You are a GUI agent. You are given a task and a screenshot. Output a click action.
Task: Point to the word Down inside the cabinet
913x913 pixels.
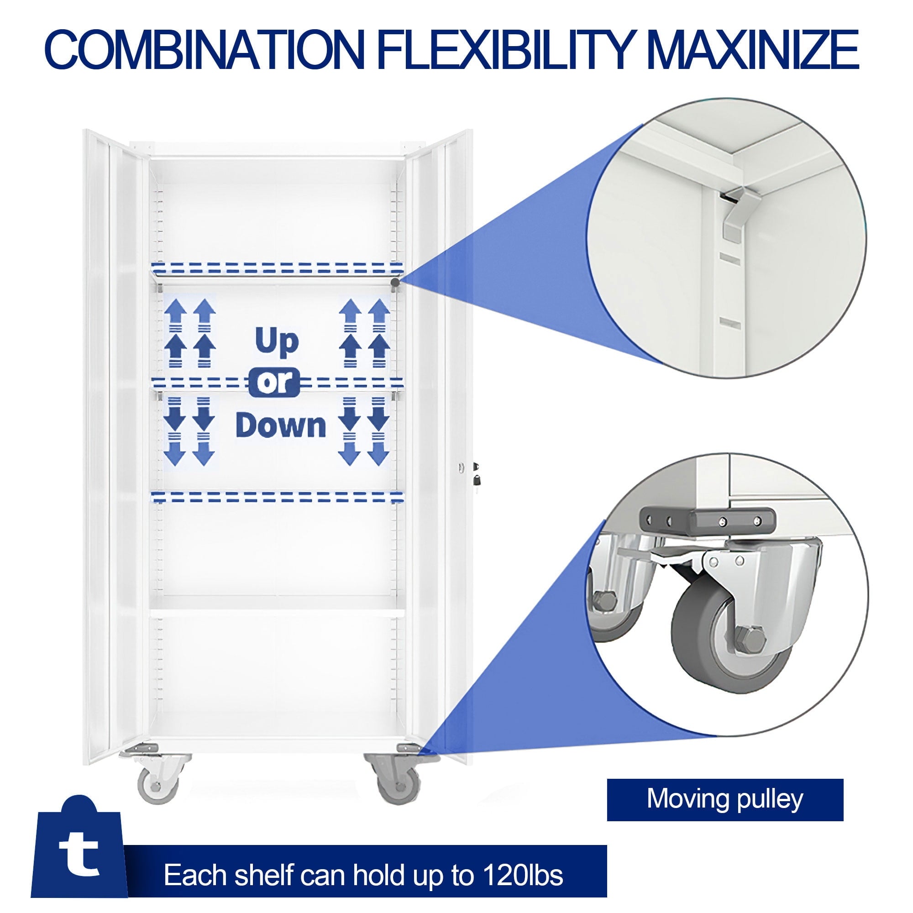click(281, 425)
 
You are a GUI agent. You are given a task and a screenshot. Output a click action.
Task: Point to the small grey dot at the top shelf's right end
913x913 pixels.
click(394, 282)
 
